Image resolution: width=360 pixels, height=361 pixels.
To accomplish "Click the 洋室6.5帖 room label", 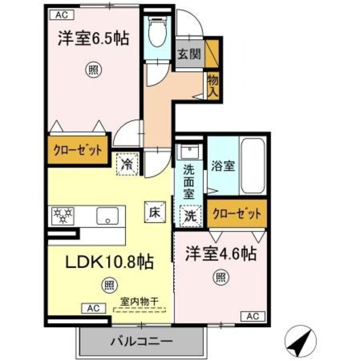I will click(x=93, y=39).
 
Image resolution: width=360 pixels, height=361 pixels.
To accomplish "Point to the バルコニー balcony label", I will click(x=140, y=341).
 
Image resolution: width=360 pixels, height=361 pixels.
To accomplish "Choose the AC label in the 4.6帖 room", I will click(x=252, y=315).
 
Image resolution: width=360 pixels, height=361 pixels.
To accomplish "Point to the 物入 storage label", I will click(x=212, y=84).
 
